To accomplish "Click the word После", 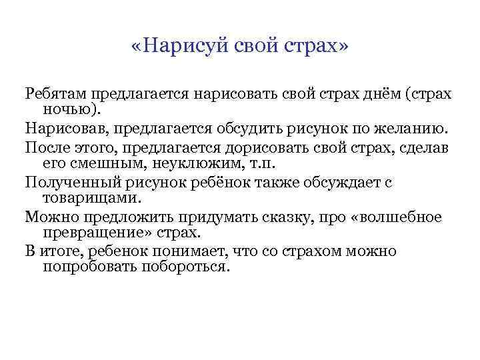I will coord(47,145).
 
